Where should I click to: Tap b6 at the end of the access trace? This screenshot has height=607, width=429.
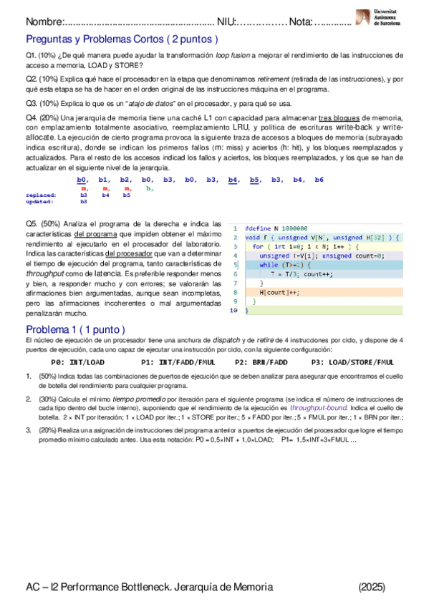(x=319, y=179)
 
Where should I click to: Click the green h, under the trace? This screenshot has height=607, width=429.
(x=149, y=188)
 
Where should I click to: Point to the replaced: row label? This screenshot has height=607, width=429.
(x=41, y=194)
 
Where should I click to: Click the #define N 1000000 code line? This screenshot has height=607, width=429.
(x=276, y=227)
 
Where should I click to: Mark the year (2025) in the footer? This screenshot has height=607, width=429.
(x=372, y=587)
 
